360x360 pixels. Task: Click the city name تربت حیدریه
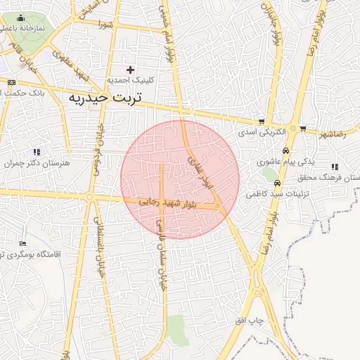105,98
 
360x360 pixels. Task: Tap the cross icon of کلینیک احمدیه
130,69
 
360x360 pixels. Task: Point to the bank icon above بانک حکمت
10,82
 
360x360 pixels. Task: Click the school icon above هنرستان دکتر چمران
37,151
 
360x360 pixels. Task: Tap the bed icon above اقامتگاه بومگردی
22,243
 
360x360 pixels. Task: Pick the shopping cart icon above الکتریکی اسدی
262,122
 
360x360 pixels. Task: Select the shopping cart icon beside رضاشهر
303,129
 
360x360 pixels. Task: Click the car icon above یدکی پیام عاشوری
285,151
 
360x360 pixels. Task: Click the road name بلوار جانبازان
276,28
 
